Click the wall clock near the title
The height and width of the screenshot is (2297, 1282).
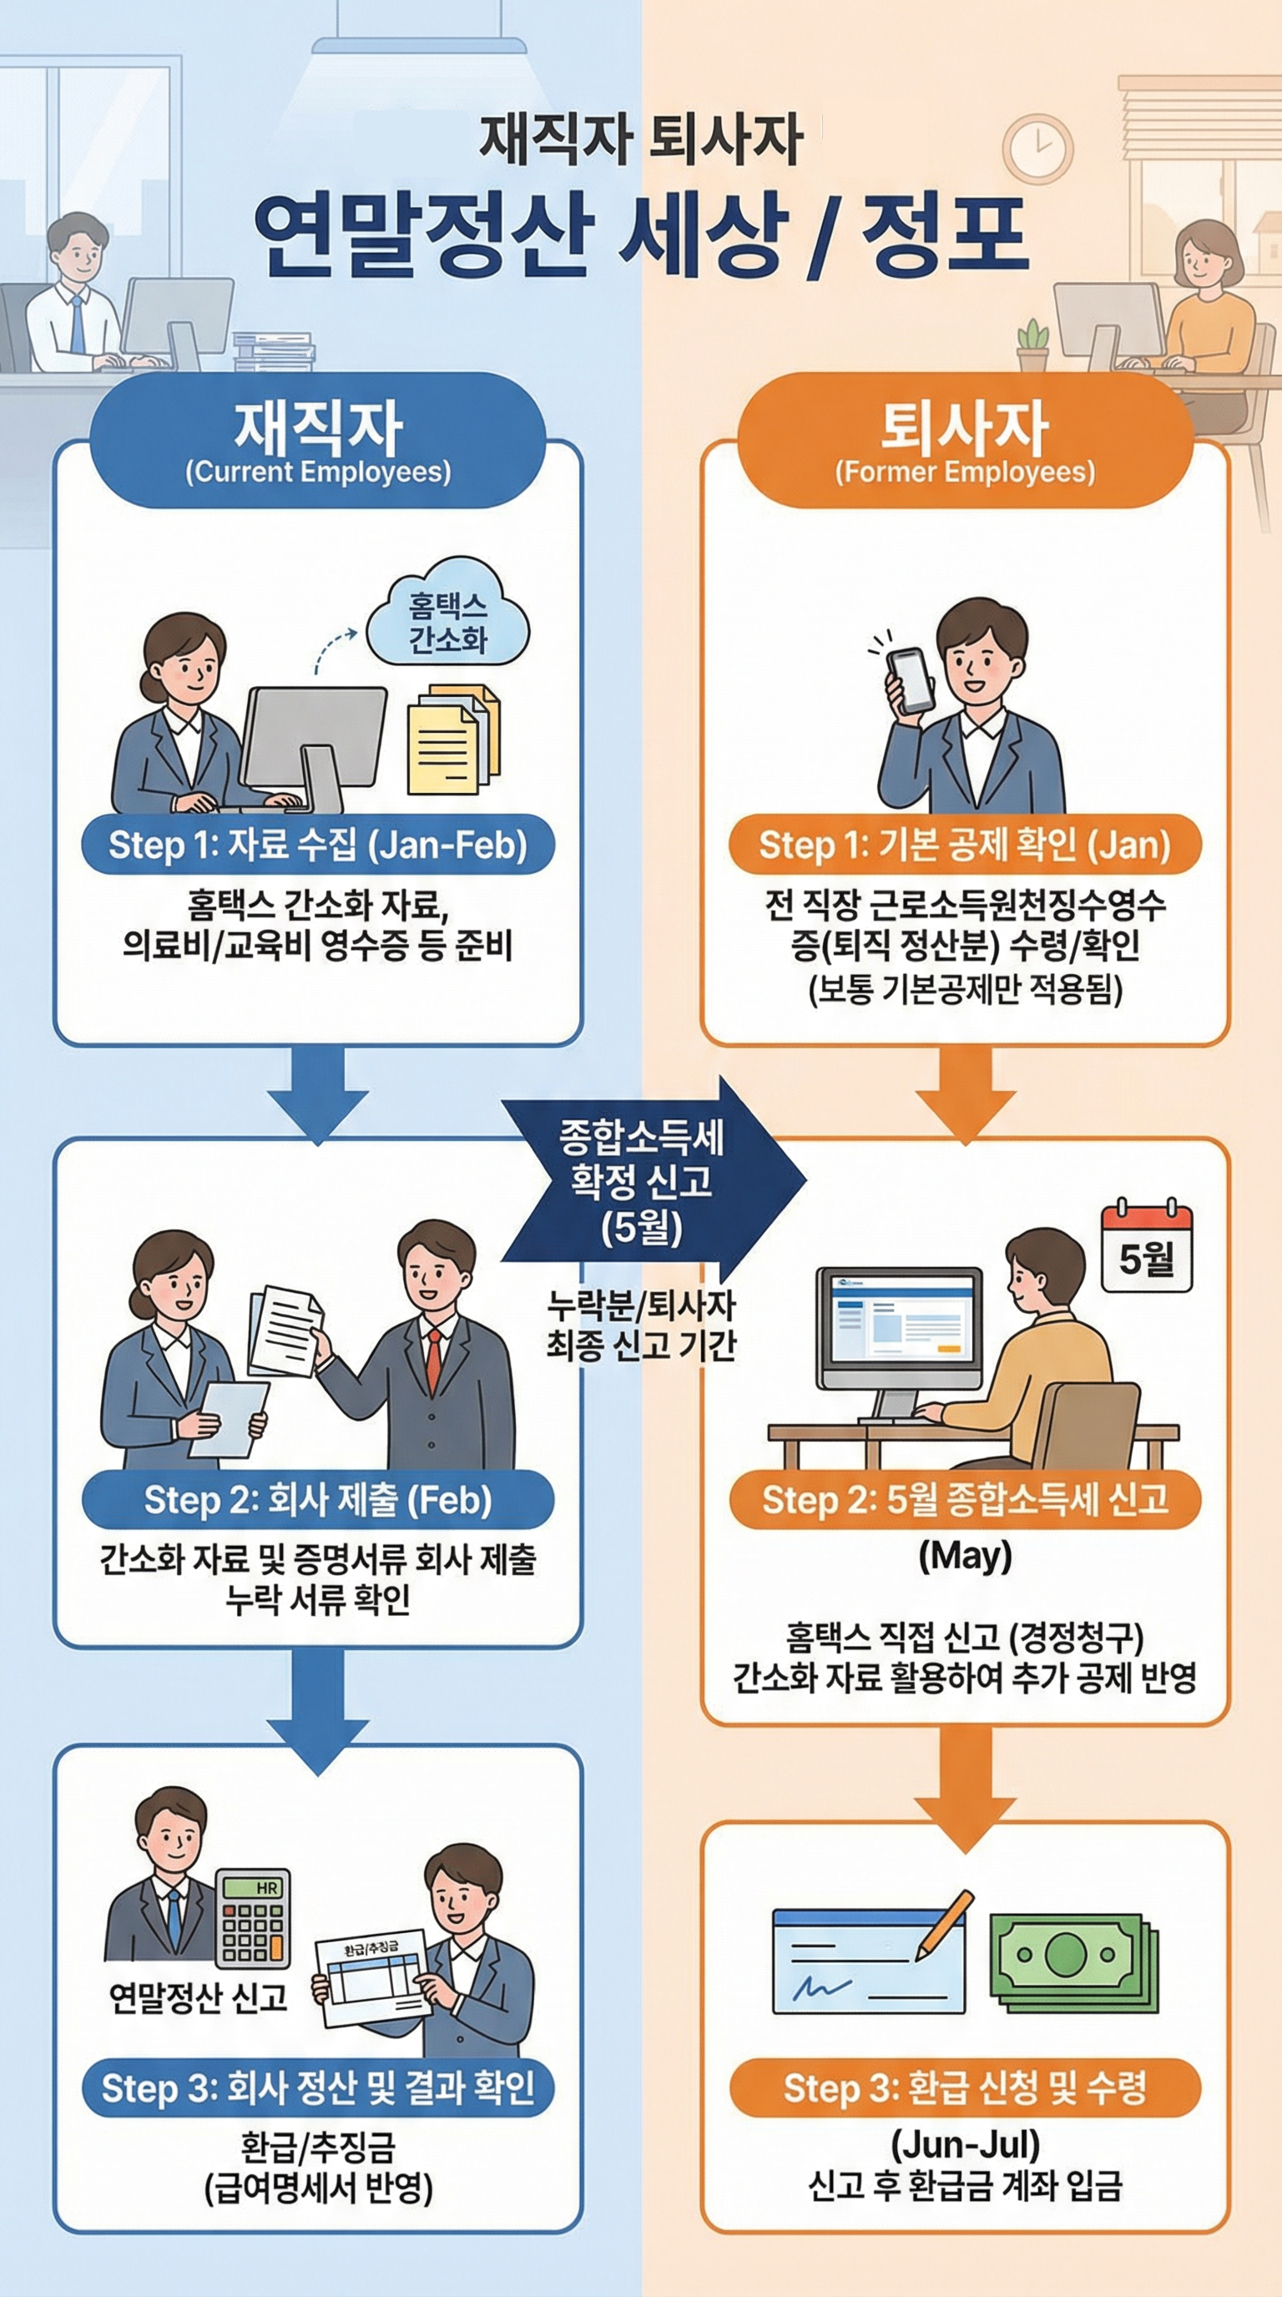(1037, 149)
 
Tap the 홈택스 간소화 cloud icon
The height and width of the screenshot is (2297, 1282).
(448, 623)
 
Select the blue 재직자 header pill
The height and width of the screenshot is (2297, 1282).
(318, 442)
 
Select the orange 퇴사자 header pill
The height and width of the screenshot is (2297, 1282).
(965, 442)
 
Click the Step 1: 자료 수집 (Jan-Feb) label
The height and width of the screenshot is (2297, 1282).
(317, 844)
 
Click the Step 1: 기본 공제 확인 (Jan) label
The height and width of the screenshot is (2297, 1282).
(965, 844)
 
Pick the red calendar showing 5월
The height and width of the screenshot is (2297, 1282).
(1147, 1248)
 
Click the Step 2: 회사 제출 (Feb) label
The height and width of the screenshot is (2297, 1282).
(317, 1500)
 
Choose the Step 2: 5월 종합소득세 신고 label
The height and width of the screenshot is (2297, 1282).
(965, 1500)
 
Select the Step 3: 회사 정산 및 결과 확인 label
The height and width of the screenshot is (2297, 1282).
(317, 2088)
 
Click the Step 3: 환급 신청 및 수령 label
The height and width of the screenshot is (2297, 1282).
(965, 2088)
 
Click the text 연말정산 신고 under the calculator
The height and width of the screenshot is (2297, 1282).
(198, 1998)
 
